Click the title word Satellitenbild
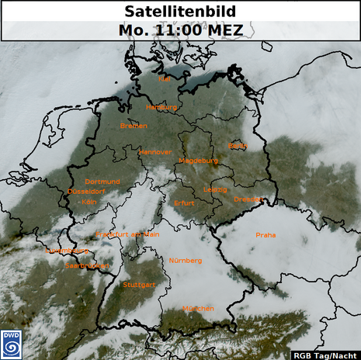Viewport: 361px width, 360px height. [x=180, y=12]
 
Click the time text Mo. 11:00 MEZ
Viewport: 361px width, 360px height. [x=180, y=30]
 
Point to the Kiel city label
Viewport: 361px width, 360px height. [x=165, y=79]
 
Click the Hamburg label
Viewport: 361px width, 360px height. [x=162, y=107]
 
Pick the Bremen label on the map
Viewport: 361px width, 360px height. [x=134, y=126]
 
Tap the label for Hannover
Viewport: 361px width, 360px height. [x=154, y=152]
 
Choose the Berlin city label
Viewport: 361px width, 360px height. [x=238, y=145]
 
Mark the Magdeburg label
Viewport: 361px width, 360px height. [x=199, y=161]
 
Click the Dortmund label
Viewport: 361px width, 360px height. [x=102, y=182]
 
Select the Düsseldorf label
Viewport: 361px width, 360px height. [x=86, y=191]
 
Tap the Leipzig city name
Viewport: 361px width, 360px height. [x=215, y=190]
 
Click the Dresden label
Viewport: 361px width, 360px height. [x=249, y=199]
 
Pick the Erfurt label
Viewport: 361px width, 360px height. [x=185, y=203]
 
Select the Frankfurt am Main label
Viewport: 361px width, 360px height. [x=127, y=234]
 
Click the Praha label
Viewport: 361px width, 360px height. [x=266, y=235]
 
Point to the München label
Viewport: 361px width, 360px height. [x=198, y=308]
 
